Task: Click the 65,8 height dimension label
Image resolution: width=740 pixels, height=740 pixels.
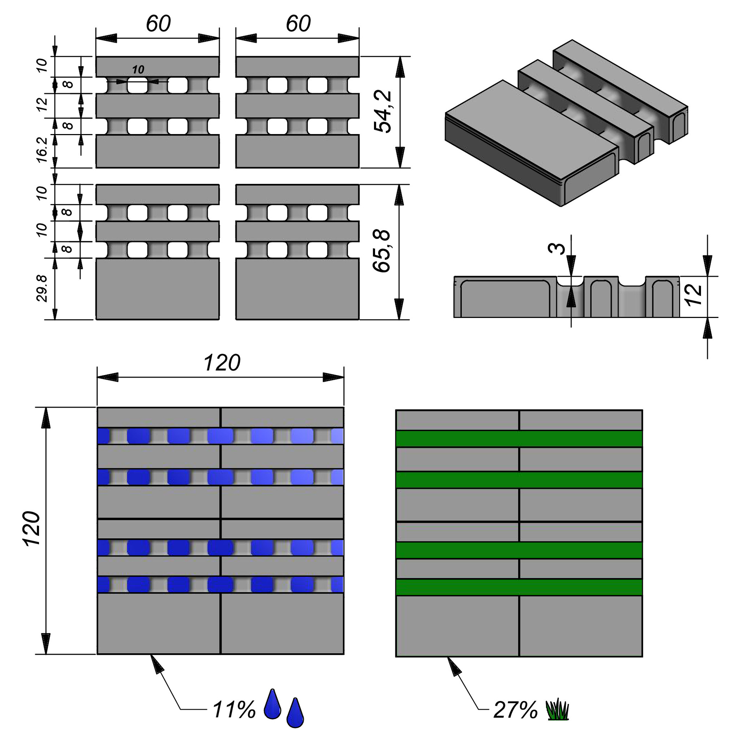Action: pyautogui.click(x=382, y=251)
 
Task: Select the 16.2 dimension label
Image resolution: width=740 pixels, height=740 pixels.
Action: pyautogui.click(x=43, y=150)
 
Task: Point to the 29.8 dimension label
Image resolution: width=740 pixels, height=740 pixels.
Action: pyautogui.click(x=43, y=288)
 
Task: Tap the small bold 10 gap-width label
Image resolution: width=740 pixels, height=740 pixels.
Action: pyautogui.click(x=138, y=70)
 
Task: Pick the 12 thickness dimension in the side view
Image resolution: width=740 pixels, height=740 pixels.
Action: pyautogui.click(x=694, y=295)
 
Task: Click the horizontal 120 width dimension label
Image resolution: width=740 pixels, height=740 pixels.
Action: pyautogui.click(x=222, y=363)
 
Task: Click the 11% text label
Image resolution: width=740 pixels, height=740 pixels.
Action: pyautogui.click(x=234, y=710)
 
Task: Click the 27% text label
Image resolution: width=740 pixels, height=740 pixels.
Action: pyautogui.click(x=515, y=710)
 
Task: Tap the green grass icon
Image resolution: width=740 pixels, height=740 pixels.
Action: pyautogui.click(x=557, y=710)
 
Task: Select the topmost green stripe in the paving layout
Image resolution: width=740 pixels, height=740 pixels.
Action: pyautogui.click(x=519, y=439)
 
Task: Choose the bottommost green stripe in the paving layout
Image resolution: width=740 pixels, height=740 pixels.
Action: pyautogui.click(x=519, y=587)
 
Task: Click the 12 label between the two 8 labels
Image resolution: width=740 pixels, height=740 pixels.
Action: pyautogui.click(x=43, y=104)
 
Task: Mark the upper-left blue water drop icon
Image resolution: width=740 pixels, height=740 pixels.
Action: pyautogui.click(x=272, y=704)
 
